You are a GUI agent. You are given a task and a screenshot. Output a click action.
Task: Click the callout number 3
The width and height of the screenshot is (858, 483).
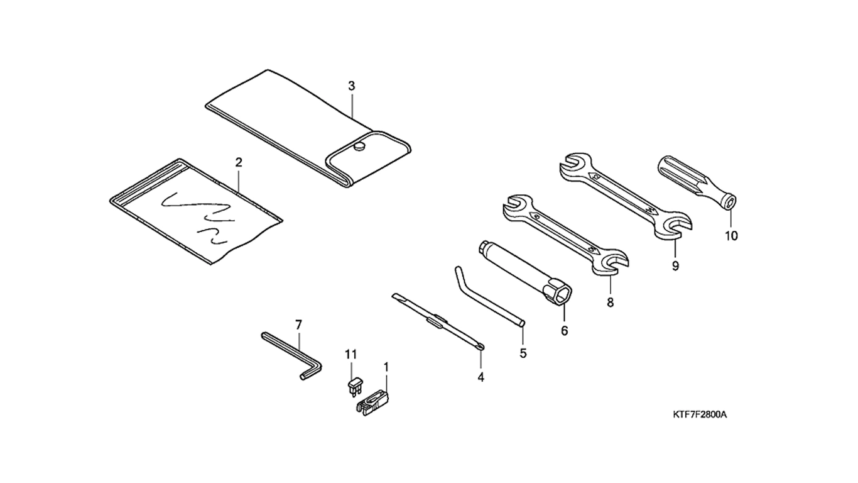tap(352, 86)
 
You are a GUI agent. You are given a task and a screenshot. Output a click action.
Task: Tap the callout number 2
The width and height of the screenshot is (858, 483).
tap(239, 162)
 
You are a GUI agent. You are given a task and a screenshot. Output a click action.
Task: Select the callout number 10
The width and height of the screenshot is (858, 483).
tap(731, 236)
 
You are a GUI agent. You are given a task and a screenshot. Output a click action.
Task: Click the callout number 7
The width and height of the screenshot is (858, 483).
tap(298, 325)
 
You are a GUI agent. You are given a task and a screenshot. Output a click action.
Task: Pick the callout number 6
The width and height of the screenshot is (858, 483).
tap(564, 331)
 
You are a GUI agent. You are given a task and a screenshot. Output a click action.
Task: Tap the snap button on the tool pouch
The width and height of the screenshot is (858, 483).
tap(359, 147)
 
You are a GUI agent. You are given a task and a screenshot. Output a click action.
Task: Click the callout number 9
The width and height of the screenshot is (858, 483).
tap(675, 266)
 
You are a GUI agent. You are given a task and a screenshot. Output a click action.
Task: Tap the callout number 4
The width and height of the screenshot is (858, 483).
tap(481, 377)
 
